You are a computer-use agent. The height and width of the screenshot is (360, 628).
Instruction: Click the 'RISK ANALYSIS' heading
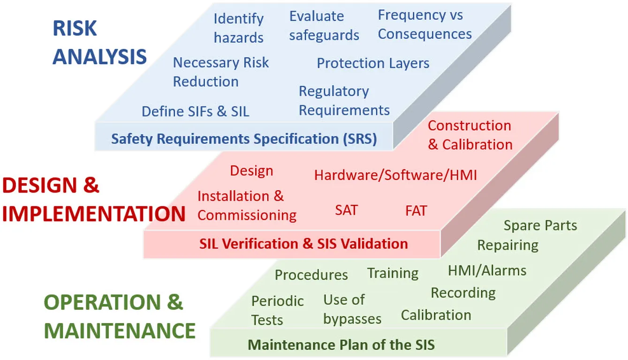[99, 43]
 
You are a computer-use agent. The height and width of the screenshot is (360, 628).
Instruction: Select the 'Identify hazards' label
[239, 28]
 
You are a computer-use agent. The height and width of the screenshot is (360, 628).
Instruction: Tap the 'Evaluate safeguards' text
[324, 26]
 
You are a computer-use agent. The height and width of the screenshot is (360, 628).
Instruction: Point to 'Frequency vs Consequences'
[425, 24]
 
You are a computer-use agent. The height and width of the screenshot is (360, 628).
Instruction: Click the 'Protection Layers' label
[373, 63]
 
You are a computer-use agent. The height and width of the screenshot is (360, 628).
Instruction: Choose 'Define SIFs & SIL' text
[196, 111]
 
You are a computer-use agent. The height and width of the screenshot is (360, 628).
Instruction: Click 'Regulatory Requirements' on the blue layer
[344, 101]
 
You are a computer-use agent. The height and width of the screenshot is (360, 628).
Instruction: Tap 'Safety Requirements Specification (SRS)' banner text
[244, 139]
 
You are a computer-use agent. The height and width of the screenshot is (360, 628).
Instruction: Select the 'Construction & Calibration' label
[470, 135]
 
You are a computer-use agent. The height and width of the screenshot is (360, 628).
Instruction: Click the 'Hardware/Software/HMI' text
[395, 175]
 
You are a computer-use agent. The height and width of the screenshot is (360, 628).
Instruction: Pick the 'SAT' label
[347, 210]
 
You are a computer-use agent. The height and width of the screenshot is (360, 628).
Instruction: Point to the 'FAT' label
[416, 210]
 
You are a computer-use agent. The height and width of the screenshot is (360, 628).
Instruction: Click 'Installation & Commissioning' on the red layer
[247, 205]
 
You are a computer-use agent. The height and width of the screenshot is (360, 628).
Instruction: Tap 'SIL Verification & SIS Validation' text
[303, 243]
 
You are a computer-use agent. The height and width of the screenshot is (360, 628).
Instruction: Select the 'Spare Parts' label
[540, 225]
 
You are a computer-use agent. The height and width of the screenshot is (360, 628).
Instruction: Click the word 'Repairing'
[508, 245]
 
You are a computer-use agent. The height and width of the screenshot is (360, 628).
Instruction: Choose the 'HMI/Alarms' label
[487, 270]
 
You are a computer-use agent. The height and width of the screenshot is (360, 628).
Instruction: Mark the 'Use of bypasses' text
[352, 309]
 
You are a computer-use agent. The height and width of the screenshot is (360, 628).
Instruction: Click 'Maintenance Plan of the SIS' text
[341, 345]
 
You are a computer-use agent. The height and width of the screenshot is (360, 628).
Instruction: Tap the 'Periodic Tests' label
[278, 310]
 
